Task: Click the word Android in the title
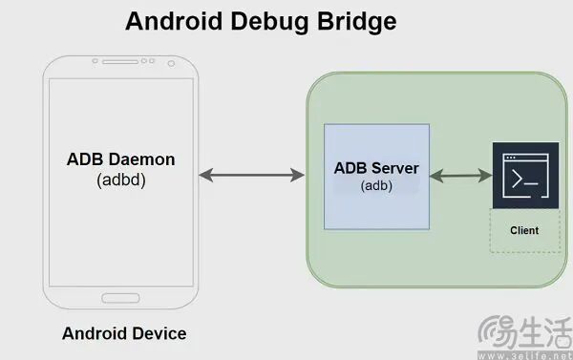[x=174, y=21]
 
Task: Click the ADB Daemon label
[x=121, y=159]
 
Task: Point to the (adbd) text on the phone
[x=121, y=180]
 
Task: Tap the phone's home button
[x=120, y=298]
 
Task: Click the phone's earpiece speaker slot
[x=120, y=62]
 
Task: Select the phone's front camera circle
[x=171, y=64]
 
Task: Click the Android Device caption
[x=124, y=333]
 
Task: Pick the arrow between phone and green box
[x=251, y=175]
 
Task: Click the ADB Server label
[x=376, y=168]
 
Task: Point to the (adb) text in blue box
[x=376, y=185]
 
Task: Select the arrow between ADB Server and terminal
[x=461, y=176]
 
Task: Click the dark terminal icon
[x=525, y=176]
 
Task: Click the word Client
[x=524, y=231]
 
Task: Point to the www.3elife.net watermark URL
[x=525, y=355]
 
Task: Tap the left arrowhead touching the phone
[x=205, y=175]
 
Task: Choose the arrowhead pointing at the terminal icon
[x=485, y=176]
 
